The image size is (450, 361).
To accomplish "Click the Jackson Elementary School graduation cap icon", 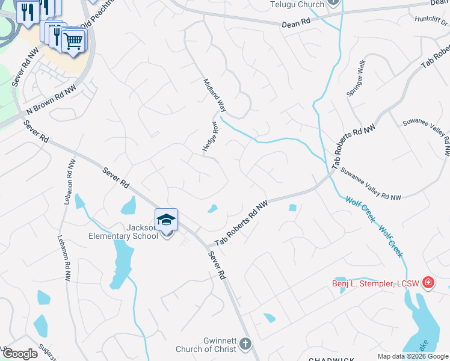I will pos(167,220).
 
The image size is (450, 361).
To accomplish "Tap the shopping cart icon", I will pos(73,41).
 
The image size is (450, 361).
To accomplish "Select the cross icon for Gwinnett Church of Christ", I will pos(245,344).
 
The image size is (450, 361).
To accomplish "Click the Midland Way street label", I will pos(214,96).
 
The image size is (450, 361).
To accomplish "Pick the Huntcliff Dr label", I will pos(431,18).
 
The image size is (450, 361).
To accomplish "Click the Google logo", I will pos(20,354).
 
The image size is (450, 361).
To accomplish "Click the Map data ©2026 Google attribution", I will pos(413,356).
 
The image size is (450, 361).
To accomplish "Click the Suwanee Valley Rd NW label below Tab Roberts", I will pos(371,184).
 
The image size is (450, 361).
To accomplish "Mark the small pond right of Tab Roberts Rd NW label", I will pos(292,208).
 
